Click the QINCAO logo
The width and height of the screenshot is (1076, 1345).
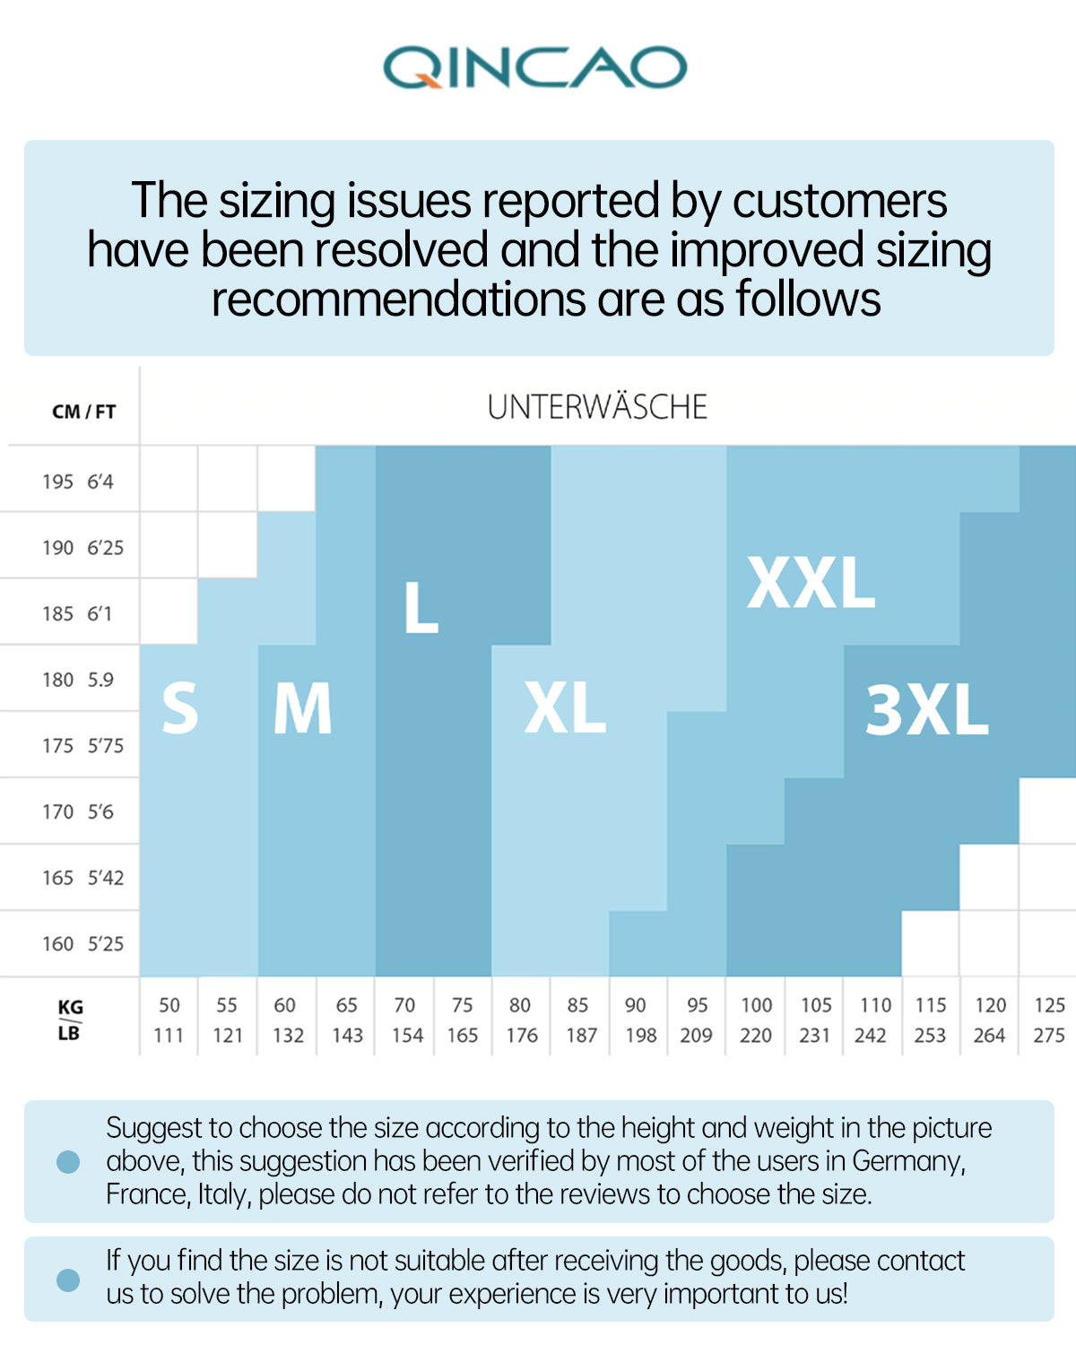pyautogui.click(x=535, y=68)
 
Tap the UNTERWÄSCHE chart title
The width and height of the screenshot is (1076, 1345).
pyautogui.click(x=597, y=407)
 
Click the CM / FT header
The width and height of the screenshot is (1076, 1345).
pyautogui.click(x=83, y=412)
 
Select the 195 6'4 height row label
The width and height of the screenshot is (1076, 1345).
pyautogui.click(x=78, y=482)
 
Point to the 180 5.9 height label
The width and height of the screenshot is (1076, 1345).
pyautogui.click(x=78, y=680)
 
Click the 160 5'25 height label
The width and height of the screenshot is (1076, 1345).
pyautogui.click(x=82, y=943)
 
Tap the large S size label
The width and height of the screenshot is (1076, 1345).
pyautogui.click(x=179, y=708)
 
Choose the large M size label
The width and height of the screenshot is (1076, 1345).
pyautogui.click(x=302, y=708)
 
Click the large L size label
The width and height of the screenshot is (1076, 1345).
pyautogui.click(x=421, y=607)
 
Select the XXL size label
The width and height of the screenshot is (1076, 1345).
pyautogui.click(x=811, y=583)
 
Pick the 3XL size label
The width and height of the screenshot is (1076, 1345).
pyautogui.click(x=926, y=710)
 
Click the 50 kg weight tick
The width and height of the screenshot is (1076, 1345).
pyautogui.click(x=169, y=1005)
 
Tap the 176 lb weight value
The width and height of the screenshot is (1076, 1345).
pyautogui.click(x=521, y=1036)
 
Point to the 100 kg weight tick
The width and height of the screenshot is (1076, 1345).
pyautogui.click(x=756, y=1005)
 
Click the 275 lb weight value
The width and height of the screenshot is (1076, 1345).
pyautogui.click(x=1048, y=1036)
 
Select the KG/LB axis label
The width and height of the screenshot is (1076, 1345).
pyautogui.click(x=69, y=1020)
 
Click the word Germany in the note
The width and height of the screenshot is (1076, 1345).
pyautogui.click(x=907, y=1160)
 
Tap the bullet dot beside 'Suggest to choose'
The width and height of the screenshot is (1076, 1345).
pyautogui.click(x=68, y=1162)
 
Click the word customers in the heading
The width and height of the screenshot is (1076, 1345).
pyautogui.click(x=839, y=200)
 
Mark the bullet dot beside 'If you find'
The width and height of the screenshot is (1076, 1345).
pyautogui.click(x=68, y=1280)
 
